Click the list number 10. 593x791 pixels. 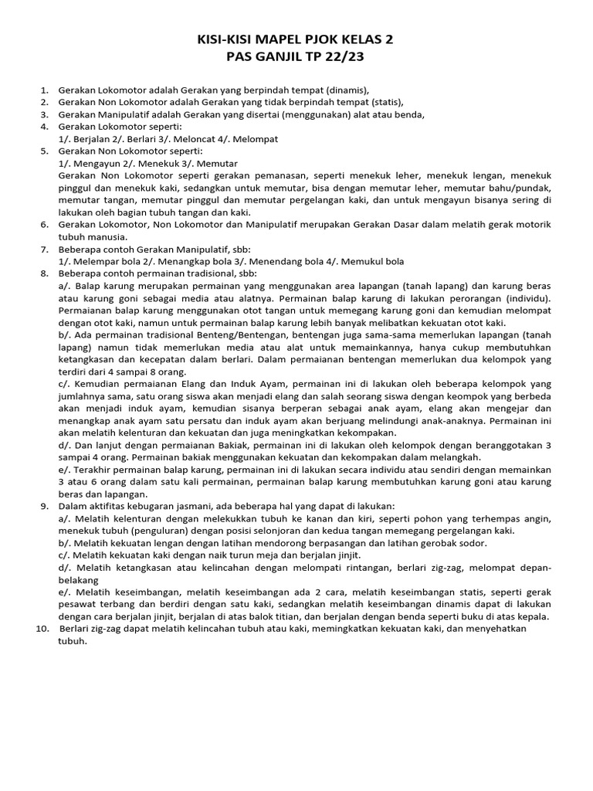click(x=42, y=628)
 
